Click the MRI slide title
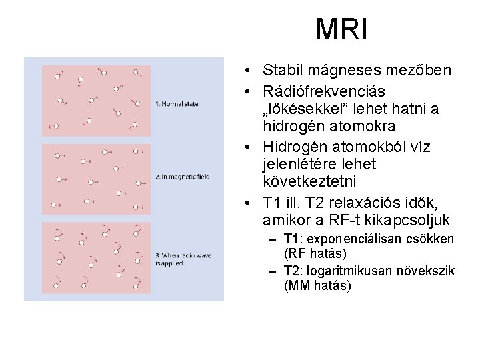342,29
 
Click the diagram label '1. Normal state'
176,104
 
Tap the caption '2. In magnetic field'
182,177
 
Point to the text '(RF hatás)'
315,254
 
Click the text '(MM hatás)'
317,286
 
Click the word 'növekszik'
427,271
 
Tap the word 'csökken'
432,239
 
